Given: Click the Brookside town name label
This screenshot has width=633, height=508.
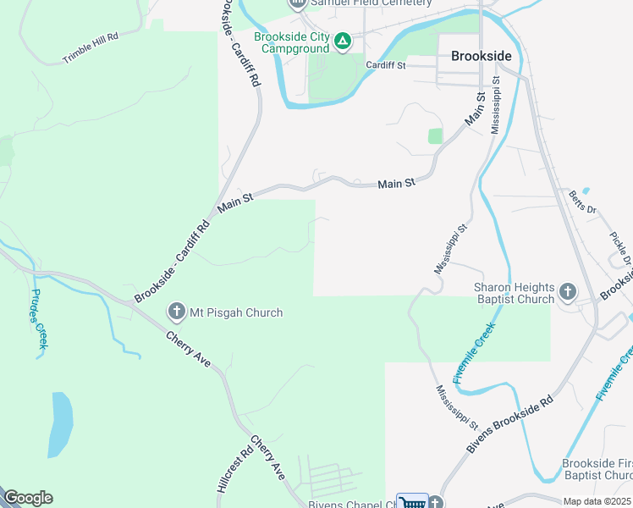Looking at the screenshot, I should coord(481,56).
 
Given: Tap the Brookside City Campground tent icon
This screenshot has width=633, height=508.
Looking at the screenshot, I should coord(342,41).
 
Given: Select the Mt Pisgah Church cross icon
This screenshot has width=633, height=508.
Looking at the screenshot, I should coord(176,312).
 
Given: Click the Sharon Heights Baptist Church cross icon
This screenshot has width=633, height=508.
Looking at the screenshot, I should coord(567,293).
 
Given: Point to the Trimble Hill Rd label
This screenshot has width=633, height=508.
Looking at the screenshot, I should coord(90,49).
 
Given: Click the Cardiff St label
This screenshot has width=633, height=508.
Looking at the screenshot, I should coord(386,65).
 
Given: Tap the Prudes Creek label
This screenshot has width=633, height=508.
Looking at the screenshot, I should coord(39,319).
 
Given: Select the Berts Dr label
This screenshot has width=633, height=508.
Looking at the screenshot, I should coord(582,202).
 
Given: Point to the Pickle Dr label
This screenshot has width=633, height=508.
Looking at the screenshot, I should coord(622,245).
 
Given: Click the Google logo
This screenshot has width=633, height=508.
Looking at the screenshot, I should coord(28,498).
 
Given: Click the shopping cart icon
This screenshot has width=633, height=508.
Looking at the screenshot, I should coord(412,502).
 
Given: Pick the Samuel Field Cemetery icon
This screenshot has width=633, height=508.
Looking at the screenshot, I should coord(296,3).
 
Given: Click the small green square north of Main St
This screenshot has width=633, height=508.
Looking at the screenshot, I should coord(435,135).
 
